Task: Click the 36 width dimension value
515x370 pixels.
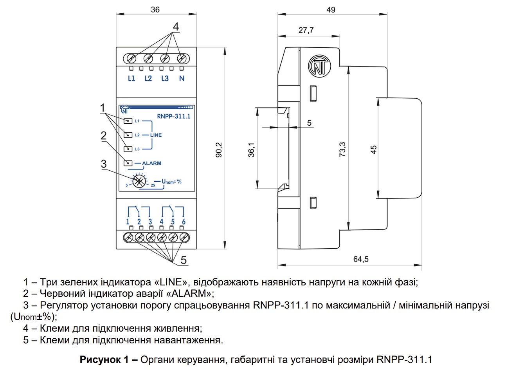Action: pos(155,10)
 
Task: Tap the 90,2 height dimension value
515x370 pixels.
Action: pos(219,150)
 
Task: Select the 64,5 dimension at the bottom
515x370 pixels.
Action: pos(361,259)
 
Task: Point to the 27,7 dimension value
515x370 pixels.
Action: pos(306,30)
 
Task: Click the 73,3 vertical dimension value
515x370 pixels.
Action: pos(342,150)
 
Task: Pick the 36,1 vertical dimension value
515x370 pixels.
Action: pos(251,150)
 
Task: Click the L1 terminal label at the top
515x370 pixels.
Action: pos(131,79)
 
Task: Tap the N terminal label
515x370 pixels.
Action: pos(182,79)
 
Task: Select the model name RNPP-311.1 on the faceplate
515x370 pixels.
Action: pos(174,116)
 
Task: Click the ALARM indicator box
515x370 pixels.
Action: pos(128,163)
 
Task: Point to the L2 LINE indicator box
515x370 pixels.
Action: pos(128,135)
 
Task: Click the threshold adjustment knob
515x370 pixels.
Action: pos(139,181)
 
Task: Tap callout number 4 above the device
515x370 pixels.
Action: pos(176,27)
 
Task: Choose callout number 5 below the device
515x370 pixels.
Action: pos(184,260)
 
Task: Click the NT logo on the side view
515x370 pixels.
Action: pos(319,66)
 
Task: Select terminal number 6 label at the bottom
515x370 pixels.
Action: pos(184,222)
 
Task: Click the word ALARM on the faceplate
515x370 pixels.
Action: pos(152,163)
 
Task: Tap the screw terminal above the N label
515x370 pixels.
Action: pos(182,58)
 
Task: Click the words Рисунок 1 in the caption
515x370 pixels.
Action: pos(104,359)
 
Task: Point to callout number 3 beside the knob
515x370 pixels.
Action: pos(104,164)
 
